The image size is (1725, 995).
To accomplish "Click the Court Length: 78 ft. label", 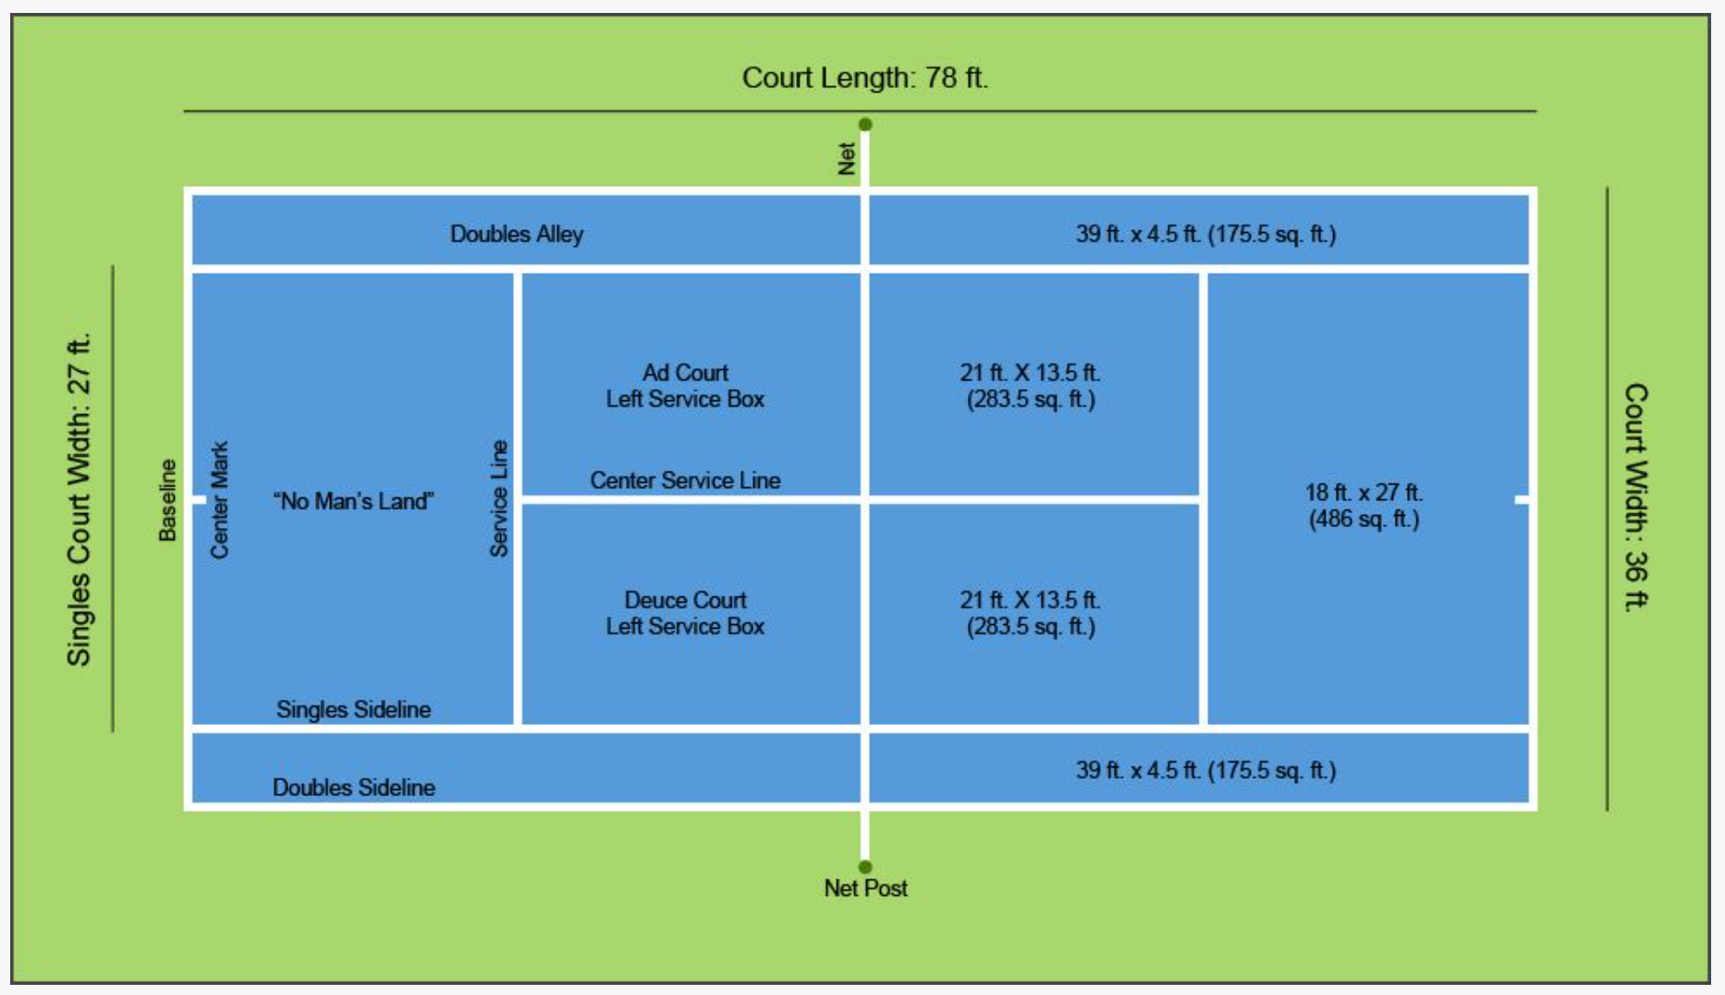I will (x=864, y=78).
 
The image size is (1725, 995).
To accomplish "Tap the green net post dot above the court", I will (x=865, y=124).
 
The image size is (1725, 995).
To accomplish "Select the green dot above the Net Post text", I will (x=865, y=867).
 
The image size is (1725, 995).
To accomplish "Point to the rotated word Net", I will (x=847, y=158).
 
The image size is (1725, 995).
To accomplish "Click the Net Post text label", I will (x=865, y=889).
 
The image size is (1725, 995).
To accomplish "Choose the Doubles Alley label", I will (x=517, y=234).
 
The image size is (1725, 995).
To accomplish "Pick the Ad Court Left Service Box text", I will (x=685, y=386).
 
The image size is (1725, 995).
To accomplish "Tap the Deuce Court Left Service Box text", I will (x=685, y=613).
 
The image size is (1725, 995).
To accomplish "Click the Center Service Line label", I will (x=685, y=481).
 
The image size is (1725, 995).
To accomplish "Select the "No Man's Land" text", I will (x=353, y=501).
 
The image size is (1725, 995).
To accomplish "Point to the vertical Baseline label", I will (x=167, y=500).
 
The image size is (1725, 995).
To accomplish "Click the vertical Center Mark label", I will (x=219, y=499).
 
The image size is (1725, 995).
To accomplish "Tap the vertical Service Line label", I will (x=499, y=498).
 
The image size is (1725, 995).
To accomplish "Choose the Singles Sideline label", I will (x=353, y=709).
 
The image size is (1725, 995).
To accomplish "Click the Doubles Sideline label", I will (x=353, y=788).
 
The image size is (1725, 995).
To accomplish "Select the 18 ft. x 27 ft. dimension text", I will (x=1364, y=505).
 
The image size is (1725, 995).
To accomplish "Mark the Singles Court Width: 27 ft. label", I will (x=80, y=499).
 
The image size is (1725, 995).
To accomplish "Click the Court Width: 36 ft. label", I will (x=1636, y=497).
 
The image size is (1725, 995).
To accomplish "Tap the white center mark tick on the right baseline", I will (x=1522, y=499).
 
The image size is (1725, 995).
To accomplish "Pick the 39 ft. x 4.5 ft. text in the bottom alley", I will (x=1205, y=770).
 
